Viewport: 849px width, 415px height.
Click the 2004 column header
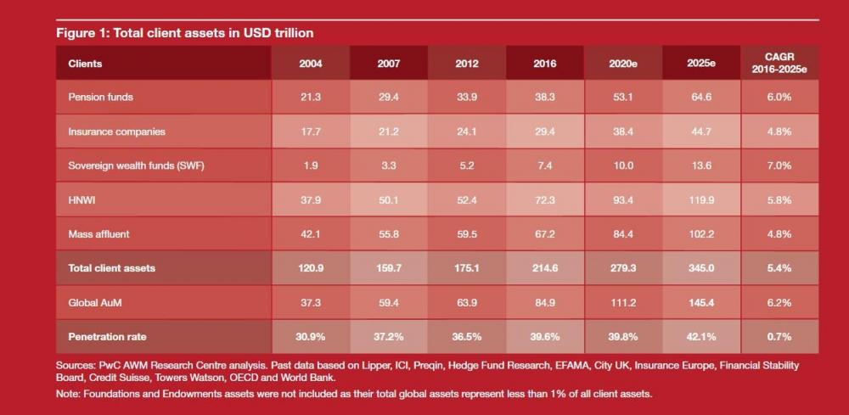pyautogui.click(x=310, y=64)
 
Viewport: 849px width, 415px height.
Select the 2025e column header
pyautogui.click(x=701, y=64)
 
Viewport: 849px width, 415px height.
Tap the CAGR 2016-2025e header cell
pyautogui.click(x=779, y=63)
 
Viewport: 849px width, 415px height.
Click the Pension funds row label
pyautogui.click(x=101, y=98)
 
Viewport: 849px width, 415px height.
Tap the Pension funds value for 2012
pyautogui.click(x=467, y=98)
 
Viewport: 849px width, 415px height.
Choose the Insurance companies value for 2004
pyautogui.click(x=310, y=132)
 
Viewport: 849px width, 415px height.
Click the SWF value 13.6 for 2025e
pyautogui.click(x=701, y=165)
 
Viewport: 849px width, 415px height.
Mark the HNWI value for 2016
pyautogui.click(x=545, y=200)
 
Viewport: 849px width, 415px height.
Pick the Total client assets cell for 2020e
pyautogui.click(x=623, y=268)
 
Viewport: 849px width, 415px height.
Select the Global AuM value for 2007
pyautogui.click(x=388, y=303)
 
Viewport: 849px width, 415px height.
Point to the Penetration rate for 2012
pyautogui.click(x=467, y=337)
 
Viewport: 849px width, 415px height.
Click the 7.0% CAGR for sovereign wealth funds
pyautogui.click(x=779, y=165)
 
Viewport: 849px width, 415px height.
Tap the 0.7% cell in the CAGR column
pyautogui.click(x=779, y=337)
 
